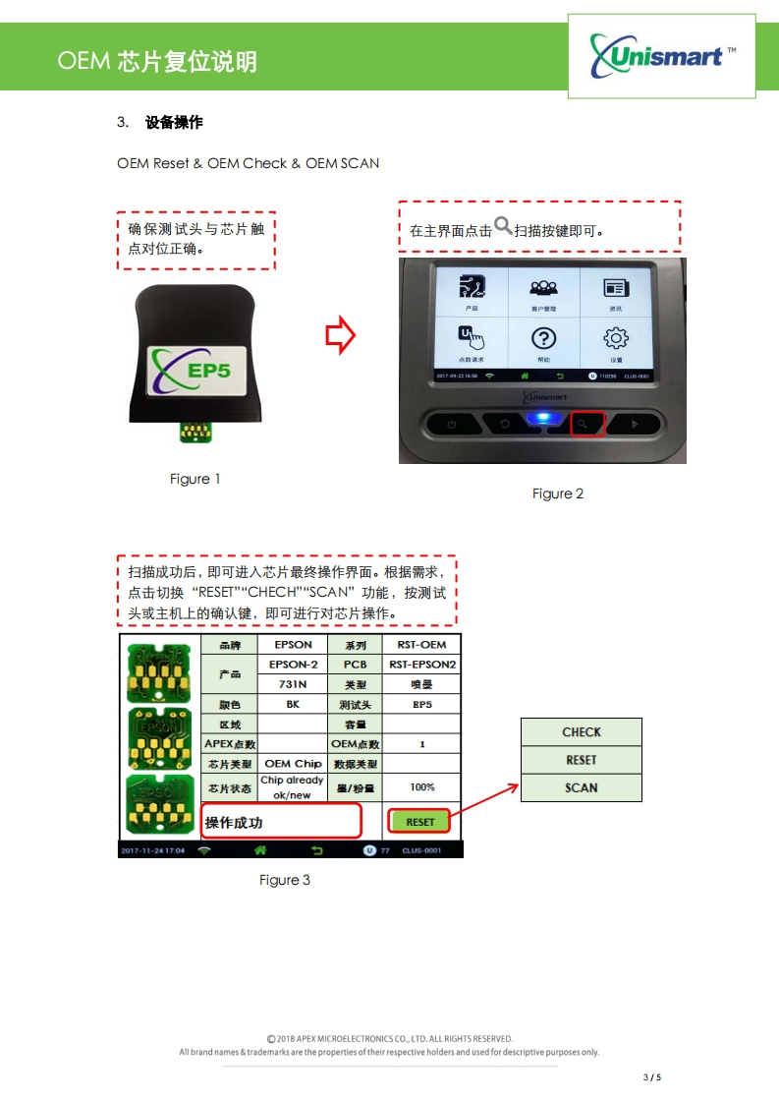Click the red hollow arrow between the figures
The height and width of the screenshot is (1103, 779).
340,335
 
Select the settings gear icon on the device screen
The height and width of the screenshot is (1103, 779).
616,339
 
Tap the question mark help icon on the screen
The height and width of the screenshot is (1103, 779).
543,339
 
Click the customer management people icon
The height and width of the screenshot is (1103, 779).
543,288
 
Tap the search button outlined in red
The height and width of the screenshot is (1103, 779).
585,424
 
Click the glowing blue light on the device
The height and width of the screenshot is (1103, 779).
537,420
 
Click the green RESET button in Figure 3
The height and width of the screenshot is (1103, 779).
419,822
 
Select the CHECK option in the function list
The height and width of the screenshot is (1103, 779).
581,732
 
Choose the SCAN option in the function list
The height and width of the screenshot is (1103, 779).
581,787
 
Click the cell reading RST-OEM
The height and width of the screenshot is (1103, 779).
421,645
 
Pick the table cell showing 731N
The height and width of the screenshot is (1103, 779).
293,684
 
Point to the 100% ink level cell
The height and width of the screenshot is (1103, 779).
421,787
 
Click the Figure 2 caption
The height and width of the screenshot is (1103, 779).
558,493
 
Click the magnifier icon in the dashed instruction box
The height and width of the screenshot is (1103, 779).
503,226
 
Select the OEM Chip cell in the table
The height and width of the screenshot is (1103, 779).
293,763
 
